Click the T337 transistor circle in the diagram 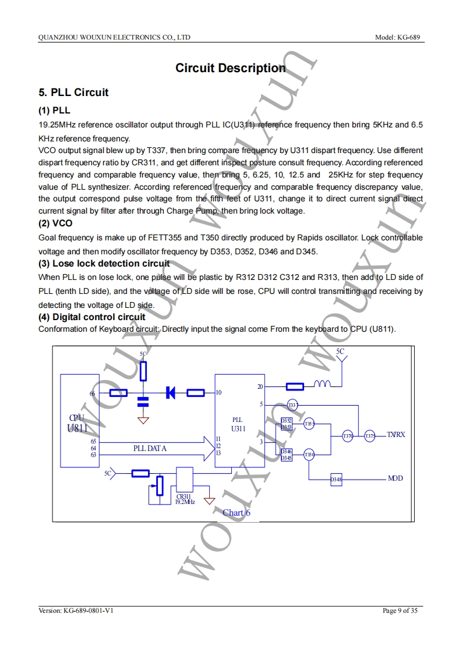tap(292, 405)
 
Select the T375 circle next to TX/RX tap(370, 436)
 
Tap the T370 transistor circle tap(348, 436)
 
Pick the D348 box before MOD tap(336, 480)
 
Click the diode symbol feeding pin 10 tap(171, 393)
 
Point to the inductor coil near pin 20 tap(322, 385)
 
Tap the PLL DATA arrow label tap(150, 448)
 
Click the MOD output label tap(395, 478)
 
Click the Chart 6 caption tap(236, 513)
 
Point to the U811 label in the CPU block tap(77, 429)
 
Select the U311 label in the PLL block tap(238, 429)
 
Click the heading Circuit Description tap(231, 68)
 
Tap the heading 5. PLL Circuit tap(73, 93)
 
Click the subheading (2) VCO tap(55, 223)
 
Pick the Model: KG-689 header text tap(400, 37)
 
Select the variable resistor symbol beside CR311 tap(159, 484)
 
